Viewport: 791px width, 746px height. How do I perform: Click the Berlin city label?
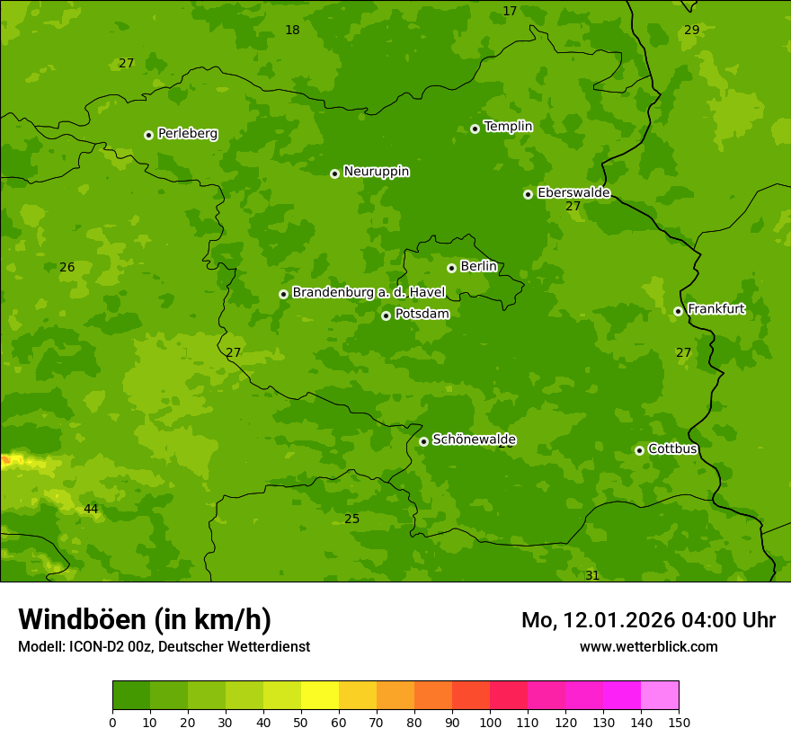pos(478,266)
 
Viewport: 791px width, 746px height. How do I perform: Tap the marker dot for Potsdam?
pos(386,315)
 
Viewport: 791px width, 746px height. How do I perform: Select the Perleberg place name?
pos(187,134)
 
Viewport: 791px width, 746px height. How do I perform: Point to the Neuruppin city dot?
pos(334,173)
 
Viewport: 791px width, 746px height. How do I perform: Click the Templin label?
pos(508,127)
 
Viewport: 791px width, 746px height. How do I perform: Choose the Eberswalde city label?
pos(573,192)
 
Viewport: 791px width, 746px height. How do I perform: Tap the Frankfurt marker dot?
pos(678,312)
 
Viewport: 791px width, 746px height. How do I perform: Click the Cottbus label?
pos(672,448)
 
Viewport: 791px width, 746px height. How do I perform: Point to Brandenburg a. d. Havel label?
pos(369,292)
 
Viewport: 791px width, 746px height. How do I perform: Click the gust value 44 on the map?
pos(91,510)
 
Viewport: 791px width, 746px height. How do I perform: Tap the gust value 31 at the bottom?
pos(592,575)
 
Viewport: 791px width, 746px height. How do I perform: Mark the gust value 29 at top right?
pos(691,30)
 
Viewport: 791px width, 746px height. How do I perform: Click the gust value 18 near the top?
pos(292,30)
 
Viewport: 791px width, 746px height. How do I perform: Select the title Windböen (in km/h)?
pos(145,619)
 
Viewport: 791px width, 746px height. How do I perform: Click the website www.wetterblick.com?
pos(648,646)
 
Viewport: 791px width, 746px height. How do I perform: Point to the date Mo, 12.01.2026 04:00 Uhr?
pos(648,620)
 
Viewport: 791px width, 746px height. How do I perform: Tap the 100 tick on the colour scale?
pos(490,722)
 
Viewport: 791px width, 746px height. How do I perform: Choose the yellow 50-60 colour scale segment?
pos(320,696)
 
